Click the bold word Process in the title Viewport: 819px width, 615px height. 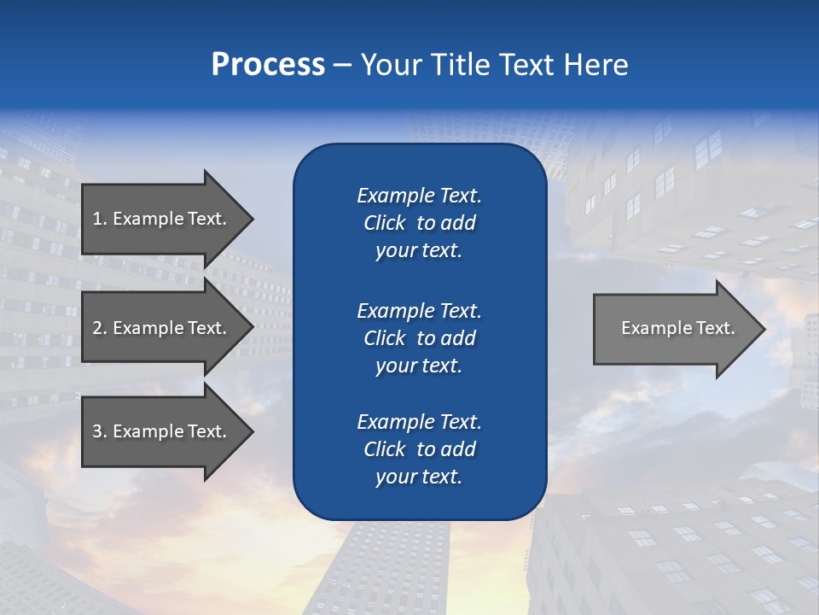(x=268, y=65)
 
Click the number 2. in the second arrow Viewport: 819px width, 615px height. (x=100, y=328)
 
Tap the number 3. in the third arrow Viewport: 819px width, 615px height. (x=100, y=431)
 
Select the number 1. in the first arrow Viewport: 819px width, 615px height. (x=99, y=219)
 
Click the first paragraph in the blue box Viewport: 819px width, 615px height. (x=419, y=223)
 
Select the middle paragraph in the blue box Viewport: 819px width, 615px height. (x=419, y=338)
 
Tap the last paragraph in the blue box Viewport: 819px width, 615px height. (x=419, y=449)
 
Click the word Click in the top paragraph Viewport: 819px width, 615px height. (x=384, y=223)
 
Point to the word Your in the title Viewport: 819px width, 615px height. (x=388, y=65)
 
